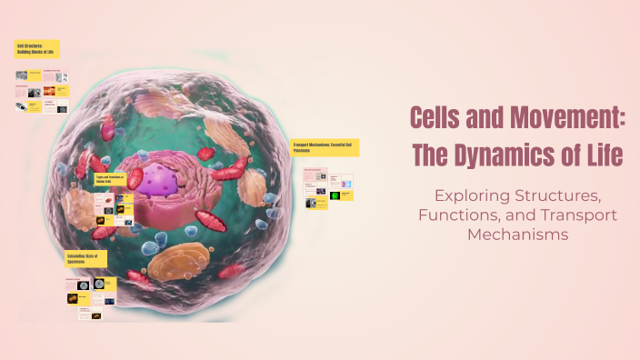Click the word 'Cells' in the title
440,118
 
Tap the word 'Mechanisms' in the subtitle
517,234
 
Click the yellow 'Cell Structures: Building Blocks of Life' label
37,48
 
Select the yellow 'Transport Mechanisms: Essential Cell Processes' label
325,147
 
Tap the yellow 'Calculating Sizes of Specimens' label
85,259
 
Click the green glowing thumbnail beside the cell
335,195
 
